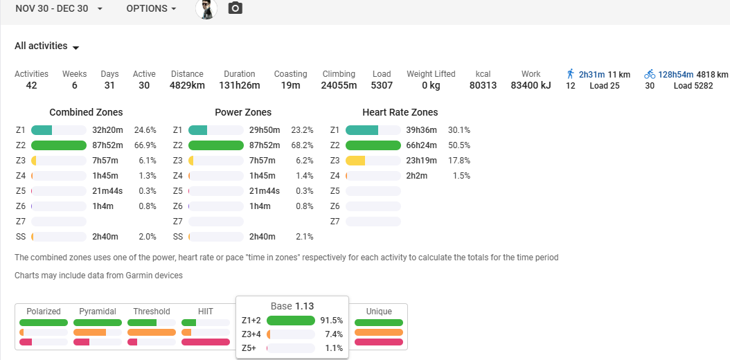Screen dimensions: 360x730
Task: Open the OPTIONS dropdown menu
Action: click(x=151, y=8)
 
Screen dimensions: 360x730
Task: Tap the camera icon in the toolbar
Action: click(x=235, y=8)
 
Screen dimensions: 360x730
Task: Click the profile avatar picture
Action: click(x=206, y=9)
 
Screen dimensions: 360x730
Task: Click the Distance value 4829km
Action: click(x=187, y=86)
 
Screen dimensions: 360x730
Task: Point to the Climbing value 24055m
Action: click(x=339, y=86)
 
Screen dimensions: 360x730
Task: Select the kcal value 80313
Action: click(x=483, y=86)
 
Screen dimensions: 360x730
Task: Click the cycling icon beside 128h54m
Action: click(x=650, y=74)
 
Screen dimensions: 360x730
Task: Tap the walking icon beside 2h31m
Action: click(x=571, y=74)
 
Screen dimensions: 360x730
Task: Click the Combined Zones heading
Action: click(x=86, y=112)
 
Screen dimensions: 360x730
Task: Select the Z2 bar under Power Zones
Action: click(x=216, y=145)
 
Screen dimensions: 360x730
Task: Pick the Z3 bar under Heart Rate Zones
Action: click(x=373, y=161)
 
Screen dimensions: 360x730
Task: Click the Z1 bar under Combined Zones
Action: click(x=59, y=130)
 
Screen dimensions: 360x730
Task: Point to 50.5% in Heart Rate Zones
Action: click(x=459, y=145)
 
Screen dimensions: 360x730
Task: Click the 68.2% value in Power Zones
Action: click(x=302, y=145)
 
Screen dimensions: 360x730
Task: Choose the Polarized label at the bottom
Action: click(x=44, y=312)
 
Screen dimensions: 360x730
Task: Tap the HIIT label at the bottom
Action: click(x=205, y=312)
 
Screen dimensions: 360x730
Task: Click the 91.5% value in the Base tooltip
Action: click(x=331, y=321)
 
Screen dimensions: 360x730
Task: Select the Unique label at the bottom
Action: click(x=379, y=312)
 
